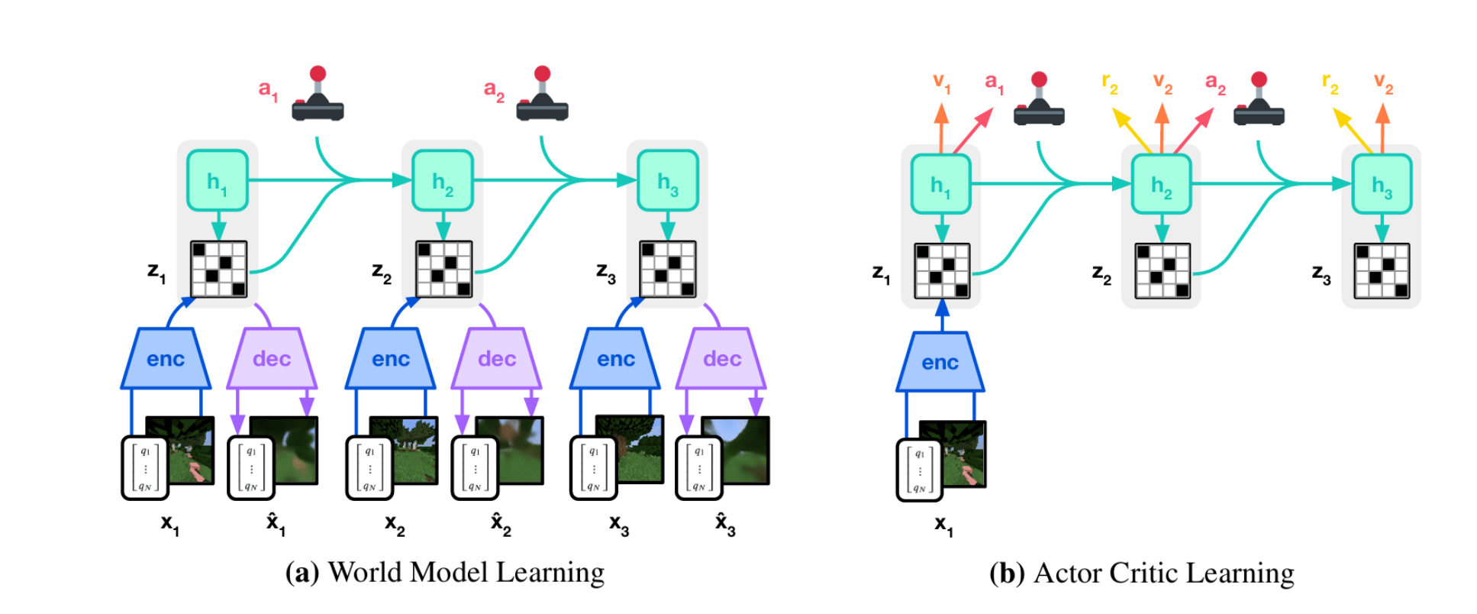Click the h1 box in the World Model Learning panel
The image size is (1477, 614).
pos(218,180)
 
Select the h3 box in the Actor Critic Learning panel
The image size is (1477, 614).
pos(1382,184)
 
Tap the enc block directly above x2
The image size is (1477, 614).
pos(391,359)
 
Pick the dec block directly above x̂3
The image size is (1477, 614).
pos(721,359)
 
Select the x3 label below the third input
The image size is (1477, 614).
pos(618,525)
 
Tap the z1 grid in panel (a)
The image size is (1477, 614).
pos(218,269)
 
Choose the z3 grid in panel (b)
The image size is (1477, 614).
pos(1382,271)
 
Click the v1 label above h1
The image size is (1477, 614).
pos(942,82)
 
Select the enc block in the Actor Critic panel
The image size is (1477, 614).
pos(940,363)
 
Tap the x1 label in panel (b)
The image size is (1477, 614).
pos(943,525)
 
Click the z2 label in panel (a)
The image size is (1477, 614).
pos(381,272)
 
